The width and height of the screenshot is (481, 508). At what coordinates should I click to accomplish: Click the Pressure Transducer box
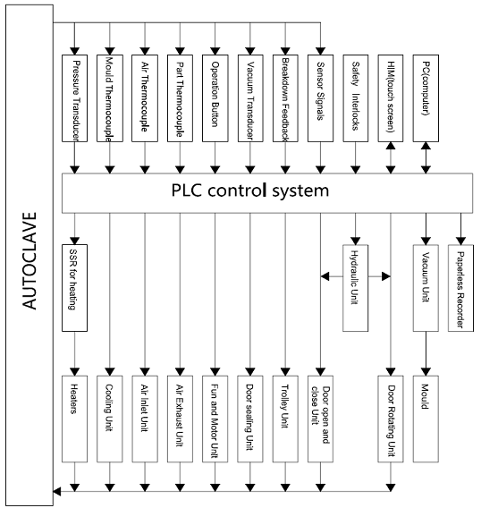click(74, 98)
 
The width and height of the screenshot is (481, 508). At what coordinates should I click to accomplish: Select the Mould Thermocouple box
click(110, 98)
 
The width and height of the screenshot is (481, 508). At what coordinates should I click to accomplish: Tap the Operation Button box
click(215, 98)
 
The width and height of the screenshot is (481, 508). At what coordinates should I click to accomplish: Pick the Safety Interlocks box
click(356, 98)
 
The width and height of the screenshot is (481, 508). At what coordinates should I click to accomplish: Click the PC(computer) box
click(426, 98)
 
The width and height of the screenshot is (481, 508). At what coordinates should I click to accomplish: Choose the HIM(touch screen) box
click(391, 98)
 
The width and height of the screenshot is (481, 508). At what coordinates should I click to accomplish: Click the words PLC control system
click(250, 190)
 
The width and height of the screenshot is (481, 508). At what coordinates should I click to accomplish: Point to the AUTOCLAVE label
click(30, 261)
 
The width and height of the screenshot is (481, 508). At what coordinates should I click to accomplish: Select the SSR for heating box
click(74, 288)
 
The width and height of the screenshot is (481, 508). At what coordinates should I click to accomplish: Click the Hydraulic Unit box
click(355, 288)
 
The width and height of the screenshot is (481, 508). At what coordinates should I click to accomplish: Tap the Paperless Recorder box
click(460, 288)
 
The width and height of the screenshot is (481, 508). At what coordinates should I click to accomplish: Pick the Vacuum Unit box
click(426, 288)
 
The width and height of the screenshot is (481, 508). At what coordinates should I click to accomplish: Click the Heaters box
click(74, 419)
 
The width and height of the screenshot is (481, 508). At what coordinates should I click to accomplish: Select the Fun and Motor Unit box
click(215, 419)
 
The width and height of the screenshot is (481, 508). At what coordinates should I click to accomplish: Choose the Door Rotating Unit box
click(391, 419)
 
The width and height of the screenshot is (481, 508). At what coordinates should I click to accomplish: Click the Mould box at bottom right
click(426, 419)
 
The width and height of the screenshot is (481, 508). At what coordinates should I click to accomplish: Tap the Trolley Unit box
click(285, 419)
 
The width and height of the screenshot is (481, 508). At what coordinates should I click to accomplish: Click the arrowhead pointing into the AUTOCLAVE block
click(57, 492)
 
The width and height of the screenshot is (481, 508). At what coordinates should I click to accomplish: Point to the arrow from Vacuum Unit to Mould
click(426, 353)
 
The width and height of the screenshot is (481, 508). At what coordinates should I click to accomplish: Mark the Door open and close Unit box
click(320, 419)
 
